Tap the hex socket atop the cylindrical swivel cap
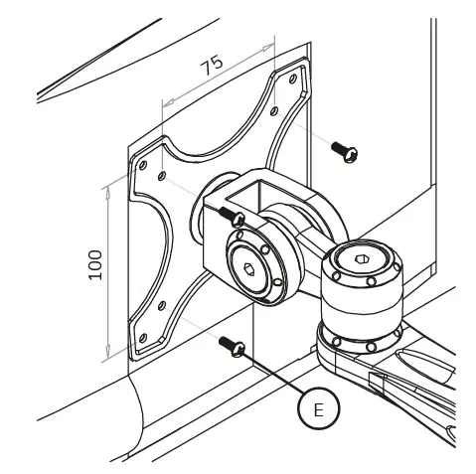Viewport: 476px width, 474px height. click(361, 260)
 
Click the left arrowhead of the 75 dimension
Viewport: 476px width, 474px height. click(164, 101)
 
